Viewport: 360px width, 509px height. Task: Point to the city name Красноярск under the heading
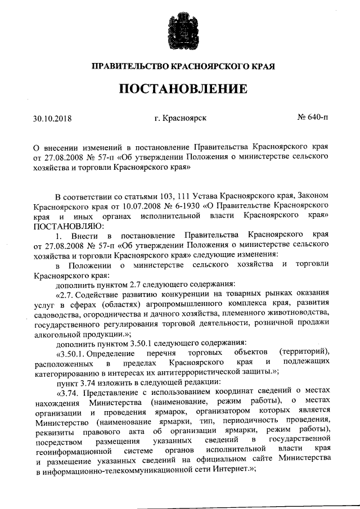(x=186, y=119)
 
